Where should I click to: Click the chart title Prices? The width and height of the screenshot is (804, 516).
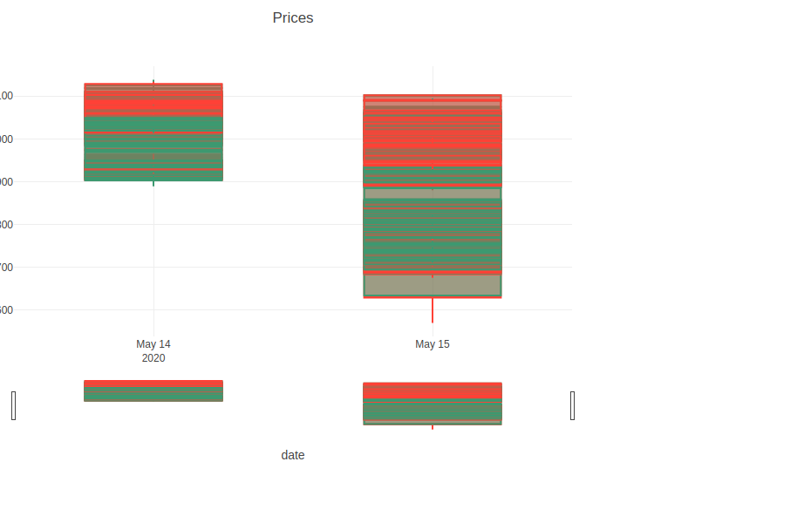click(x=293, y=18)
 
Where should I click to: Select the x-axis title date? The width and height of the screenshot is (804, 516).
click(x=293, y=455)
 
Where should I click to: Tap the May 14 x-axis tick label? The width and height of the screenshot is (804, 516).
click(x=153, y=344)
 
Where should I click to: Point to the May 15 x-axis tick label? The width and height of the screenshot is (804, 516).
click(x=433, y=344)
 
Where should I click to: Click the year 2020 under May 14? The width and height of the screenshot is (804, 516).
click(x=153, y=358)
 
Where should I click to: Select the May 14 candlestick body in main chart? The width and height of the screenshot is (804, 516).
click(x=153, y=132)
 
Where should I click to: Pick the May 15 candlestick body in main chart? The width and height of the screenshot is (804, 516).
click(x=433, y=195)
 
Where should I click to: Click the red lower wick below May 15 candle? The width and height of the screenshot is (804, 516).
click(x=433, y=310)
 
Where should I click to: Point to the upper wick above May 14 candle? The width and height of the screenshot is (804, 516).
click(x=153, y=81)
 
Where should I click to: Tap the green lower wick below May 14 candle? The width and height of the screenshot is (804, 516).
click(x=153, y=183)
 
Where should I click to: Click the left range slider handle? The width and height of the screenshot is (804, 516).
click(x=13, y=405)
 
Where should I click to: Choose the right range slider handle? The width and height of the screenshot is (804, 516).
click(x=572, y=405)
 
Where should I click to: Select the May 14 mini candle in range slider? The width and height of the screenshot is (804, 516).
click(x=153, y=390)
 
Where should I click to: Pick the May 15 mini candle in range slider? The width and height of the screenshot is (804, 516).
click(x=433, y=403)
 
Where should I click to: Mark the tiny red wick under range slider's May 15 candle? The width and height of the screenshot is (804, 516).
click(x=433, y=427)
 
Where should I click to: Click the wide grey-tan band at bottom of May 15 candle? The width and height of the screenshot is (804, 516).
click(x=433, y=285)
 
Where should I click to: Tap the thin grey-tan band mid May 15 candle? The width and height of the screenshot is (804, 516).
click(x=433, y=193)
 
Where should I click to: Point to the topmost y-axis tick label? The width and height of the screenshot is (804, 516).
click(x=5, y=96)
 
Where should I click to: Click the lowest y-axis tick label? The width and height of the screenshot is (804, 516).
click(x=5, y=310)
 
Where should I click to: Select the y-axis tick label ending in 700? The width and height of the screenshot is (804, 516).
click(x=5, y=268)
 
